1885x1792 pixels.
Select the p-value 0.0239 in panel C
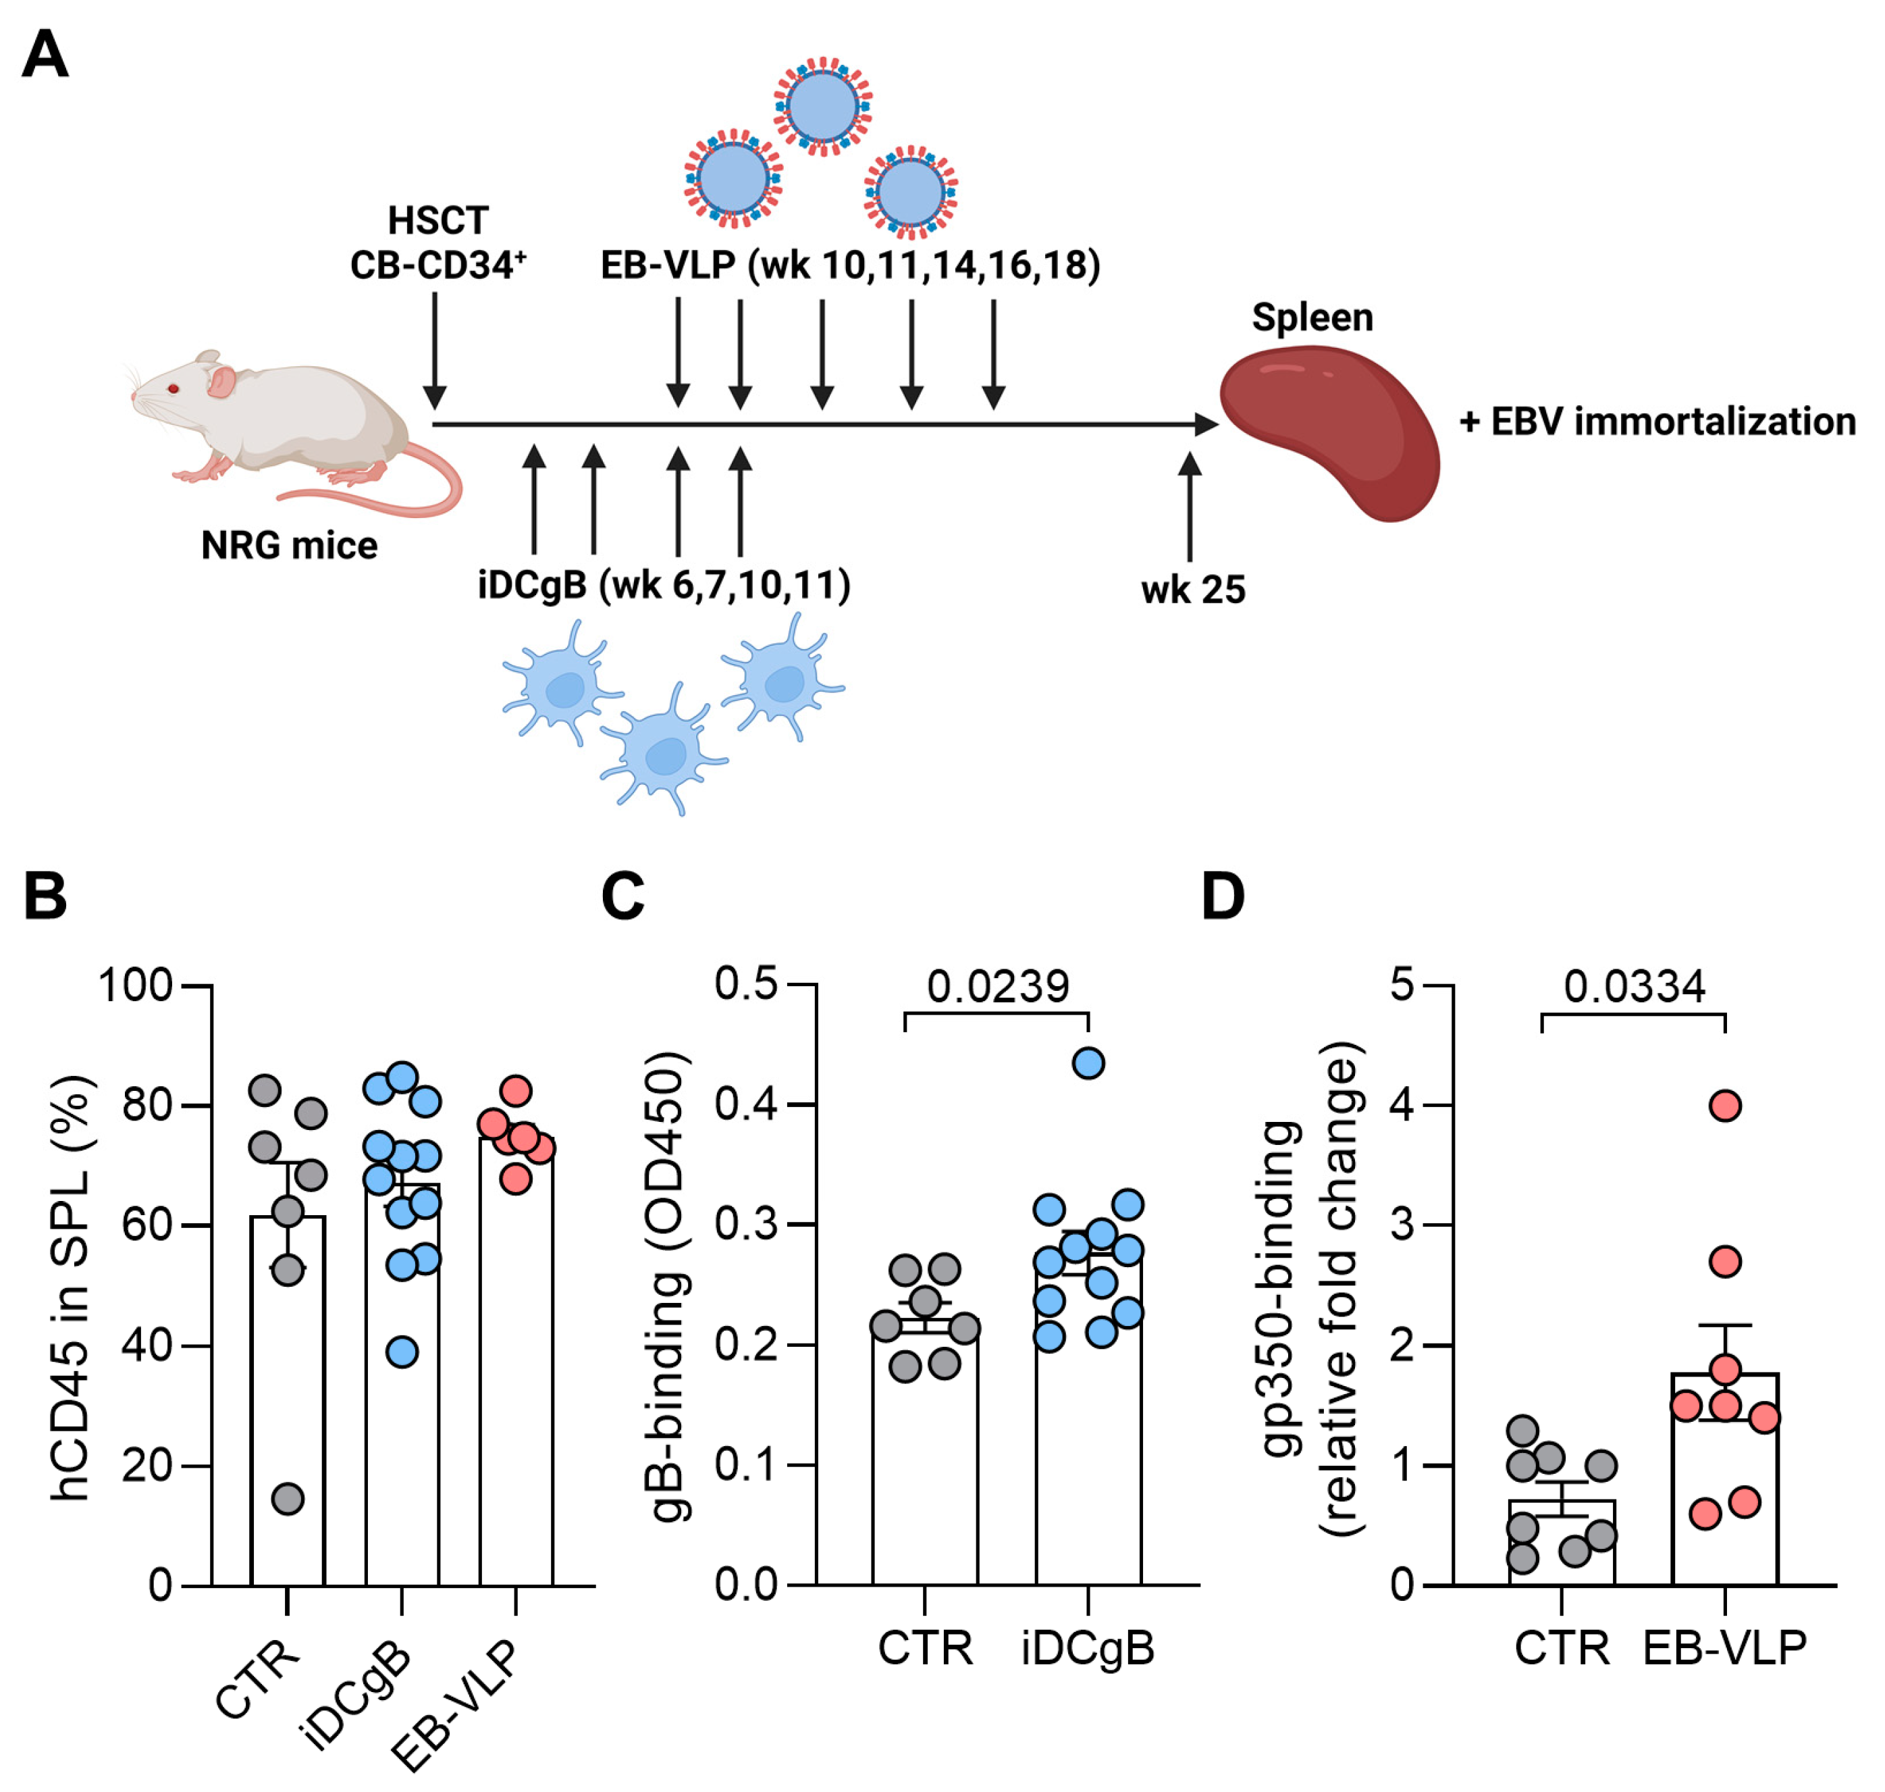pos(998,987)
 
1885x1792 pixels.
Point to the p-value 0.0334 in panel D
pos(1634,987)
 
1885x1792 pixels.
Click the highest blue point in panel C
pos(1088,1063)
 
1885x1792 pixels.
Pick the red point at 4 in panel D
pos(1724,1105)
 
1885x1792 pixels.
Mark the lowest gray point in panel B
pos(288,1499)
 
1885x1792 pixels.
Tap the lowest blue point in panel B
pos(402,1352)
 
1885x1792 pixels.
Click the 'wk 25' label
pos(1193,590)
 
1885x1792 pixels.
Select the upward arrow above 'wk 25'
pos(1189,507)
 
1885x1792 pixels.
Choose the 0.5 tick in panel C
pos(747,984)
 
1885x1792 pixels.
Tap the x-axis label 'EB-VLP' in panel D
pos(1724,1647)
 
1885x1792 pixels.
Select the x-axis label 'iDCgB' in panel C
pos(1088,1647)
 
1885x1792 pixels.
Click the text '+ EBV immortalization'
pos(1657,421)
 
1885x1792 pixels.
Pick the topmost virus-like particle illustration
pos(823,105)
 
